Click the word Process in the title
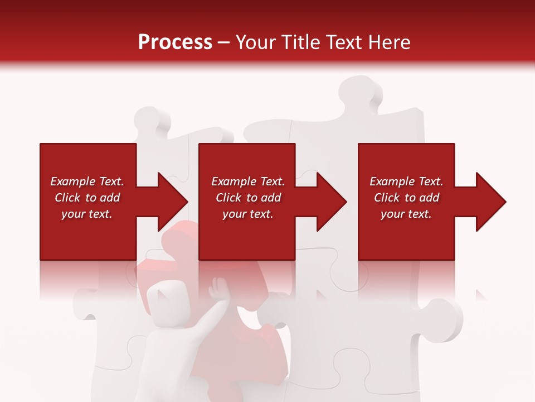pyautogui.click(x=175, y=42)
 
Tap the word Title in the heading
pyautogui.click(x=300, y=42)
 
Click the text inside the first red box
pyautogui.click(x=87, y=198)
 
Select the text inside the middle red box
pyautogui.click(x=248, y=198)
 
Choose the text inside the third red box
pyautogui.click(x=406, y=198)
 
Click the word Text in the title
pyautogui.click(x=346, y=42)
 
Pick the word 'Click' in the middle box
pyautogui.click(x=228, y=198)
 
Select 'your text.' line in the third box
pyautogui.click(x=406, y=214)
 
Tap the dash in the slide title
pyautogui.click(x=224, y=43)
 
